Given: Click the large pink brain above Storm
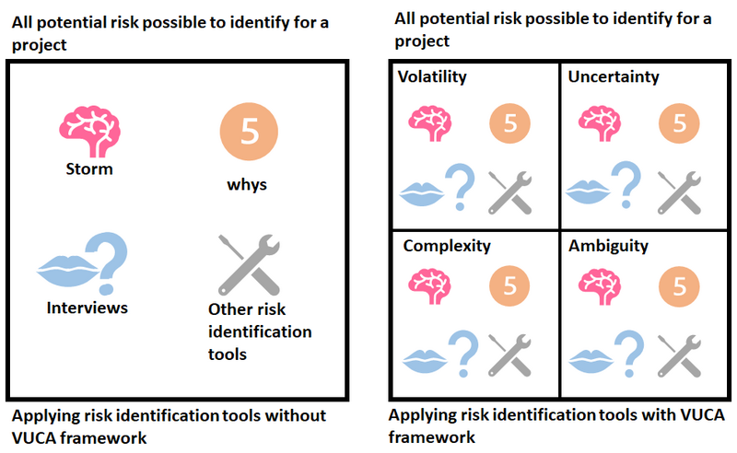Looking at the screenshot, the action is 89,131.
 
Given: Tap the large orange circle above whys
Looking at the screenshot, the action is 249,132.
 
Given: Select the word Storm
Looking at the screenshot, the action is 89,168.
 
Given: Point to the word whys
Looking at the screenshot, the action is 247,184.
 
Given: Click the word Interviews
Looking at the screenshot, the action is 87,308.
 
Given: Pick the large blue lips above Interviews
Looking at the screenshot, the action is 68,271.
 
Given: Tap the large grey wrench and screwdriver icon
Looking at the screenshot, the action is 249,264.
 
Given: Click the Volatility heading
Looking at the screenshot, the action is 432,76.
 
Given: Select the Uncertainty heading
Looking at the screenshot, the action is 614,76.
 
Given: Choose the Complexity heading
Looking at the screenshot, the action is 447,246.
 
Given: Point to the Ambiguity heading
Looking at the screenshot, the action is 608,246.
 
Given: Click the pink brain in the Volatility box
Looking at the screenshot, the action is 430,123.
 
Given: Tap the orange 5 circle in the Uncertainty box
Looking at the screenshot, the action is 679,123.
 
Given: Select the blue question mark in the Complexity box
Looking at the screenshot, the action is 463,354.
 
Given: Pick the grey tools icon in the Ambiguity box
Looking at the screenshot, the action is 679,355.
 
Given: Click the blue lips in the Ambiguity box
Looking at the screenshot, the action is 591,361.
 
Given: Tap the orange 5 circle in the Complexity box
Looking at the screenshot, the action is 509,286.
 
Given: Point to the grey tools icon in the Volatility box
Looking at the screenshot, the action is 510,192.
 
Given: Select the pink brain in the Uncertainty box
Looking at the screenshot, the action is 600,123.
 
